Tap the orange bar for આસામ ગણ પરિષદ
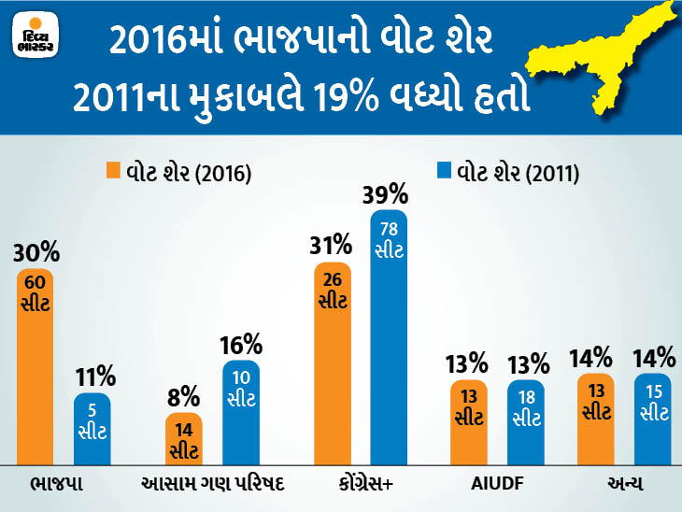[x=184, y=438]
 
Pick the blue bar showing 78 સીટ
[x=389, y=336]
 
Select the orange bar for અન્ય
[x=596, y=419]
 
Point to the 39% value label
[x=389, y=194]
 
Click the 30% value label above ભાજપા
[x=36, y=252]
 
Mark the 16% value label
[x=241, y=344]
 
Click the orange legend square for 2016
[x=112, y=171]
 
